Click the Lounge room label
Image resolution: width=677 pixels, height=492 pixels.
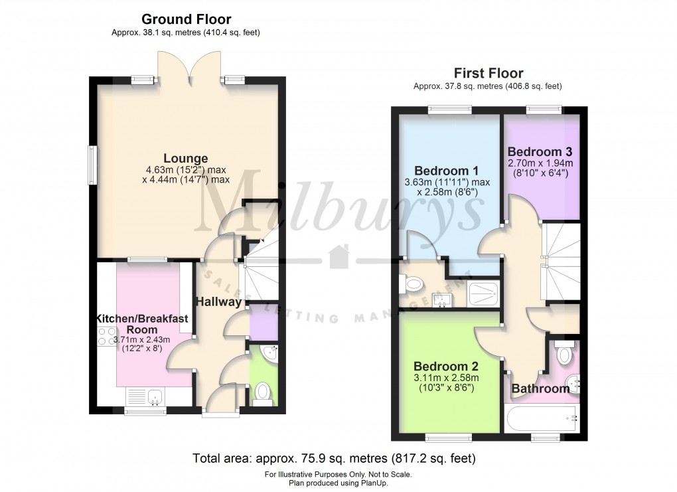186,159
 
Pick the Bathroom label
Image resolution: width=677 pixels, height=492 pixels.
540,388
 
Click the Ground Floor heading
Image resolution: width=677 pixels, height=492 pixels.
187,19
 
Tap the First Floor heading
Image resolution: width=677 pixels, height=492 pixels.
488,73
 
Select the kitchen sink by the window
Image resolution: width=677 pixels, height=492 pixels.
153,397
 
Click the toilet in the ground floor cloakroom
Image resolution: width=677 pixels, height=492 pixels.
263,392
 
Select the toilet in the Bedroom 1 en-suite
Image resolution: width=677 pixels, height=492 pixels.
412,285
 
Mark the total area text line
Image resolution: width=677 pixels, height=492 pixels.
334,458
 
